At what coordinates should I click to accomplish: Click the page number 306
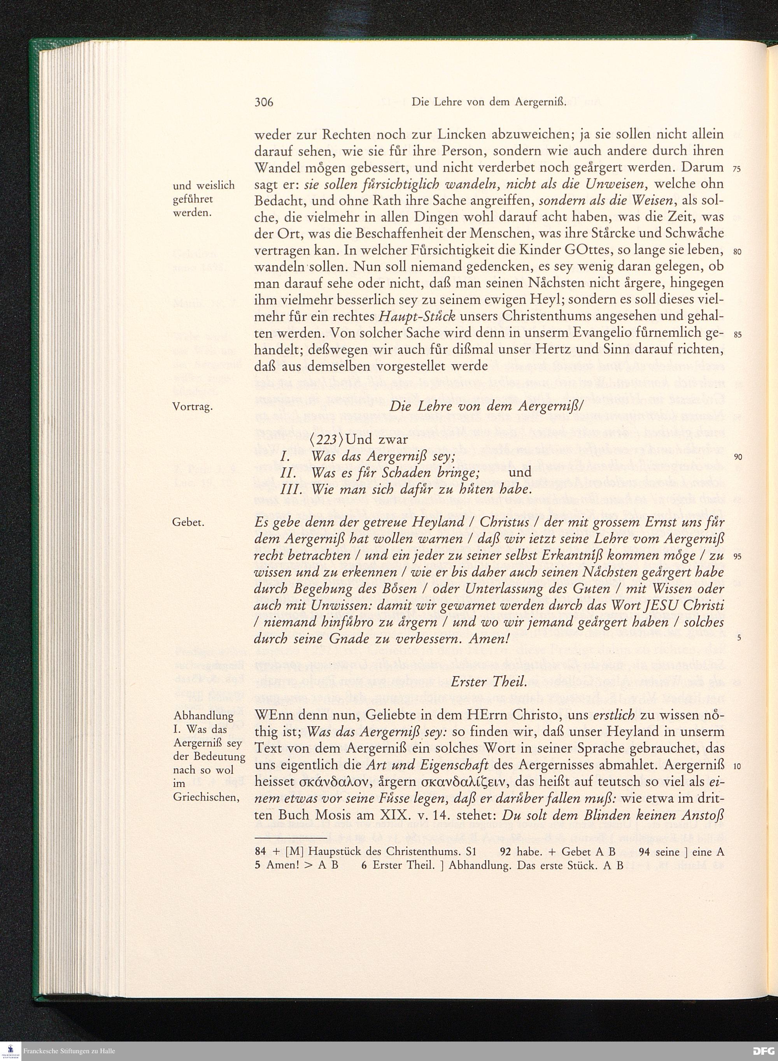coord(264,102)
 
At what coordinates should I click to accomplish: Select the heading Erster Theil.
coord(489,682)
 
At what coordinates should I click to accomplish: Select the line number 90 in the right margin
coord(738,457)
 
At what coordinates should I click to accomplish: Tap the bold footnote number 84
coord(260,851)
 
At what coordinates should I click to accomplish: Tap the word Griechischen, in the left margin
coord(204,797)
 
